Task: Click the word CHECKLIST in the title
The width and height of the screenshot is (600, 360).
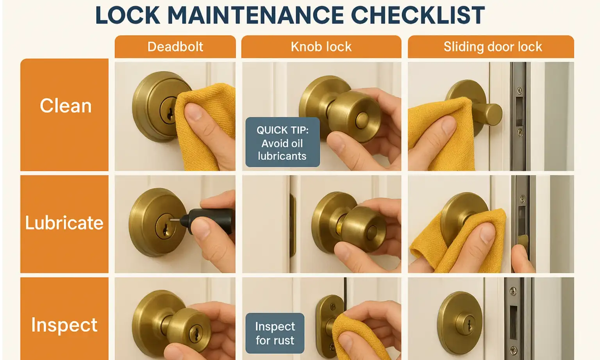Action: coord(418,16)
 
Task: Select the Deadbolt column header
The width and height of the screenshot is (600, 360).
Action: coord(175,47)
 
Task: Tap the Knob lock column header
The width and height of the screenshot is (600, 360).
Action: coord(321,47)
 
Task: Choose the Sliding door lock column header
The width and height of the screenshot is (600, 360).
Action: coord(492,47)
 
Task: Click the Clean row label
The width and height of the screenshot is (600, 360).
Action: coord(65,106)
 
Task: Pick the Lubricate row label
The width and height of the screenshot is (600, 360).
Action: coord(64,223)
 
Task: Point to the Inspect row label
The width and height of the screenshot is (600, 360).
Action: coord(64,325)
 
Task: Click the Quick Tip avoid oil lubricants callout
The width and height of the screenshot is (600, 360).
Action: coord(282,143)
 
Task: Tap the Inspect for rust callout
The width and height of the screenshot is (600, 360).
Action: coord(275,333)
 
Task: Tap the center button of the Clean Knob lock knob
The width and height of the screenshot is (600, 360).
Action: coord(362,119)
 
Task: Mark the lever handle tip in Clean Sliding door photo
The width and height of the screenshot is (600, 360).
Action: coord(495,115)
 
